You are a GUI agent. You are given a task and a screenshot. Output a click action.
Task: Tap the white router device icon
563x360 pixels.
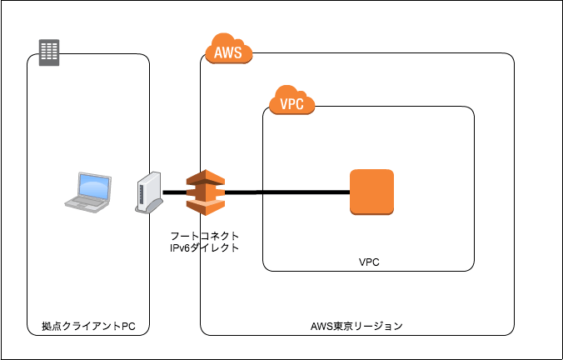pos(147,193)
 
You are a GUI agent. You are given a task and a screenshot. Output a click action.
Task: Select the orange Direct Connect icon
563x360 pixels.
pos(205,192)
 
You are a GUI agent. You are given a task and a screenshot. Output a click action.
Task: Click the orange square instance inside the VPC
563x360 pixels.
pos(371,192)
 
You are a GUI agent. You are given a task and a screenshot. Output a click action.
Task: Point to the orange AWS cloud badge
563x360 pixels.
pos(227,52)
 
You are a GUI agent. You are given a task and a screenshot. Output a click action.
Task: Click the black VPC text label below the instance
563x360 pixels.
pos(369,262)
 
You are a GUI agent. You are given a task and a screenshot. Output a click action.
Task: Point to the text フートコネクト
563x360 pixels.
pos(205,236)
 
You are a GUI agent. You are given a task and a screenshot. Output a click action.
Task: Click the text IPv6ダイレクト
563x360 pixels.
pos(205,247)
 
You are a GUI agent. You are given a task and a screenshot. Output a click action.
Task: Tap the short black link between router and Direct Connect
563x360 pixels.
pos(172,192)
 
